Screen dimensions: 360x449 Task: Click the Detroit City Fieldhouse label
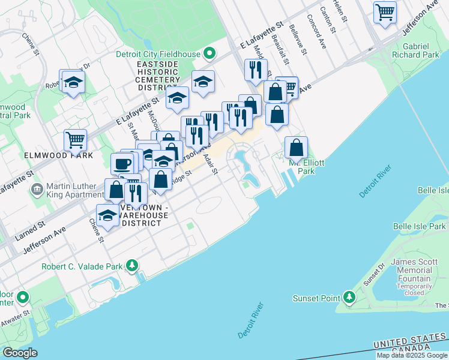pos(158,54)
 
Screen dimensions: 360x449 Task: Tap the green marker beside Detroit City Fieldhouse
pos(209,54)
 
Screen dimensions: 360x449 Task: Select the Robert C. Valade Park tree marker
pos(132,266)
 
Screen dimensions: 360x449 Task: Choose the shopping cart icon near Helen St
pos(384,11)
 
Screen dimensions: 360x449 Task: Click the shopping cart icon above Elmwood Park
pos(76,140)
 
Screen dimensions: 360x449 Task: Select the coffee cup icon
pos(122,163)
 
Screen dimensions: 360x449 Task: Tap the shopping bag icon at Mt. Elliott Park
pos(297,147)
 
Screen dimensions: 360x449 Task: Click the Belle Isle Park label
pos(420,226)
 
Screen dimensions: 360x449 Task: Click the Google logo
pos(20,353)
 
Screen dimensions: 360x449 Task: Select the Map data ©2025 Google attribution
pos(412,355)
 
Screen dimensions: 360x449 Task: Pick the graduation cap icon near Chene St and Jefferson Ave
pos(108,215)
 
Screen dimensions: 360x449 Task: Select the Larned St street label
pos(30,230)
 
